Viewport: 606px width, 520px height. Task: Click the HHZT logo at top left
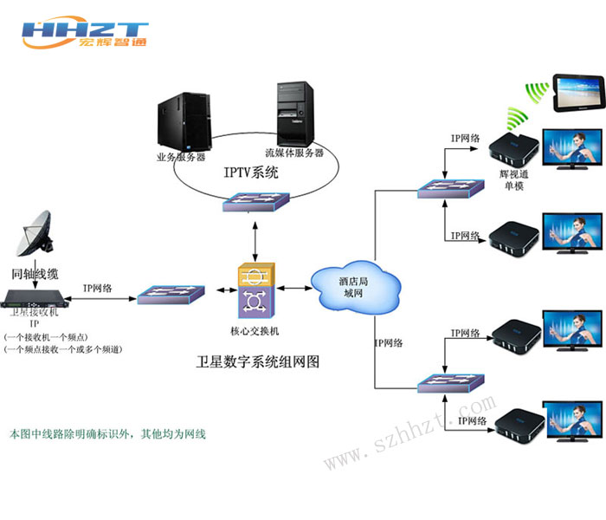click(x=85, y=33)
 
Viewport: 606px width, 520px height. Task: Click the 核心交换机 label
click(x=255, y=332)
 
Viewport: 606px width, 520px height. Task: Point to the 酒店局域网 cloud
click(x=355, y=286)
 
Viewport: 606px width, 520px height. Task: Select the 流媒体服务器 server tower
click(x=294, y=112)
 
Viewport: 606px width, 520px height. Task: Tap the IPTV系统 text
click(x=251, y=172)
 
